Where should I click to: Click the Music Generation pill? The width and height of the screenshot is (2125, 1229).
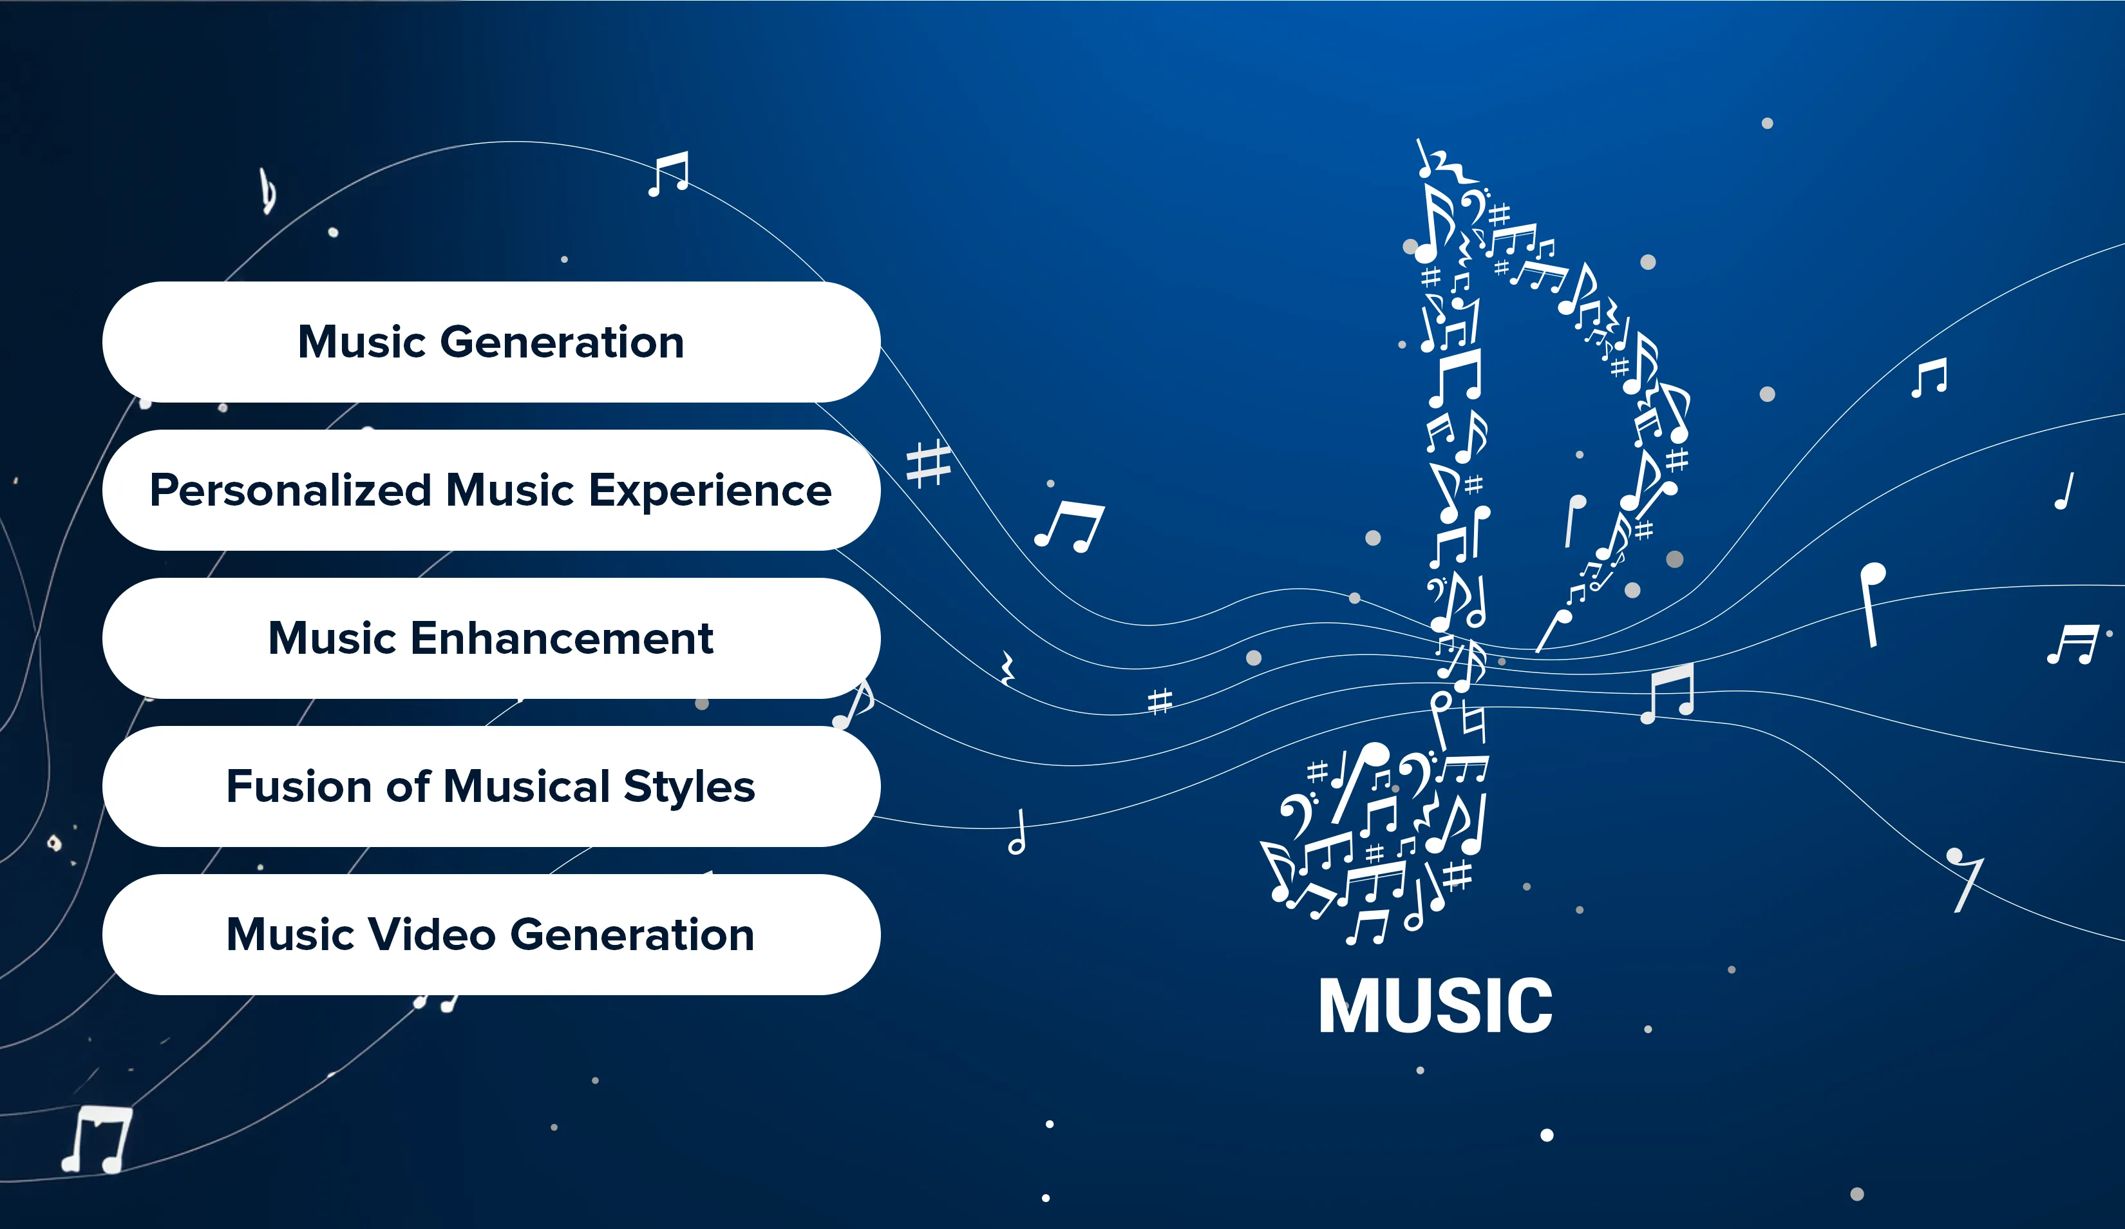[491, 341]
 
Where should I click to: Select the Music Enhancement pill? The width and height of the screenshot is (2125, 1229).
[491, 638]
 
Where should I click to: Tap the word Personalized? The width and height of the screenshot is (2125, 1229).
[291, 490]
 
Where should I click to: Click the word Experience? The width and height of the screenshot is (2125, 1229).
[710, 491]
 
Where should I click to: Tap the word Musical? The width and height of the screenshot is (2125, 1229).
[526, 786]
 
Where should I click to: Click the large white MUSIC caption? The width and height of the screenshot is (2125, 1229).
[1435, 1005]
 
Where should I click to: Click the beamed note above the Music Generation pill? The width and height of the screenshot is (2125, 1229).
[668, 174]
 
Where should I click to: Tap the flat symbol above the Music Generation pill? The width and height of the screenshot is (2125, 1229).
[268, 191]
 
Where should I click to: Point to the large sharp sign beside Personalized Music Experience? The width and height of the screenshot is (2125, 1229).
[929, 463]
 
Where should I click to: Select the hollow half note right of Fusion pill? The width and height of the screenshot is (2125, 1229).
[1018, 832]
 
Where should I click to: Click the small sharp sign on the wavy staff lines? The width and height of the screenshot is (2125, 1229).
[1160, 701]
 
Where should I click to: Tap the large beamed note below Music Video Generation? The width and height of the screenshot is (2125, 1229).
[97, 1139]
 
